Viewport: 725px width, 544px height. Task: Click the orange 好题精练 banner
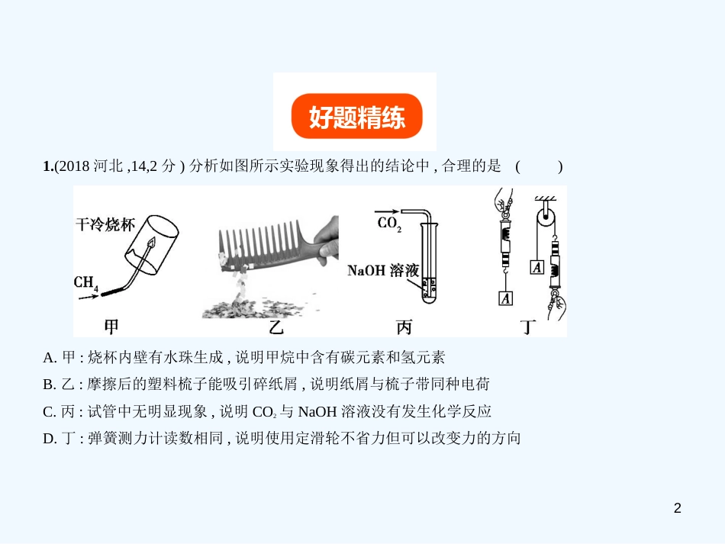[x=356, y=116]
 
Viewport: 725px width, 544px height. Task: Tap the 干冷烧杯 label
[x=105, y=224]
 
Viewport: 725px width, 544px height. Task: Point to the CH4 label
[x=86, y=283]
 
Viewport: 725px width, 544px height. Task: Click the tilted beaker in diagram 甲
[x=152, y=245]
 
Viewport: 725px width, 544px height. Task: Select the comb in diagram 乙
[x=272, y=245]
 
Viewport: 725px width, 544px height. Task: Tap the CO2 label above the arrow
[x=389, y=224]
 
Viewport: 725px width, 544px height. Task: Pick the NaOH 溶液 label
[x=383, y=270]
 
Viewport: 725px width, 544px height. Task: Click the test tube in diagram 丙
[x=429, y=262]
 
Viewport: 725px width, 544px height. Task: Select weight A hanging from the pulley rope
[x=536, y=268]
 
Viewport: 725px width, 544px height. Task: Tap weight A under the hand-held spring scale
[x=506, y=298]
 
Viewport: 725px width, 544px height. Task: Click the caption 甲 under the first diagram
[x=111, y=327]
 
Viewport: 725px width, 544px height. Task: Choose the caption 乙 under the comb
[x=275, y=327]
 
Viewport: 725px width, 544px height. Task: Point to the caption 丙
[x=404, y=327]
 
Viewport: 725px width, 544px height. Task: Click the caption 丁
[x=528, y=327]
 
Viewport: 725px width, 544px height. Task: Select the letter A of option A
[x=47, y=358]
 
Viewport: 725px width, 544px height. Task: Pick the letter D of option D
[x=47, y=439]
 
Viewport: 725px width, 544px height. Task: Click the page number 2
[x=678, y=508]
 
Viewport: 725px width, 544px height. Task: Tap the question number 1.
[x=47, y=166]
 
